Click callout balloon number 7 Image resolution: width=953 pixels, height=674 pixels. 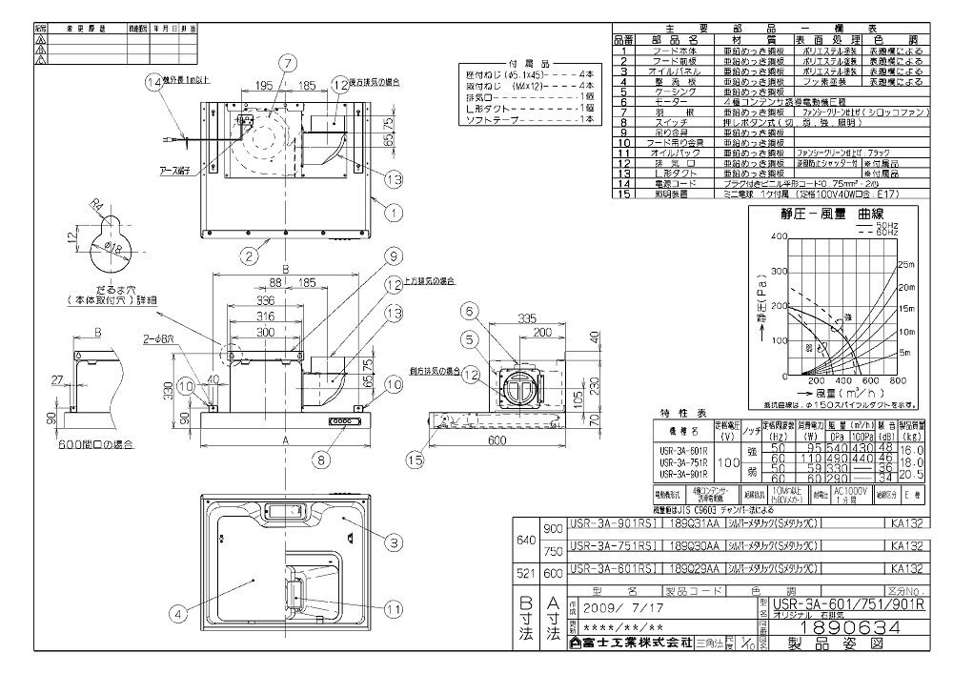pos(285,62)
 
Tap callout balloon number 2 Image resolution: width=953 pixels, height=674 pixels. pos(249,255)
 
